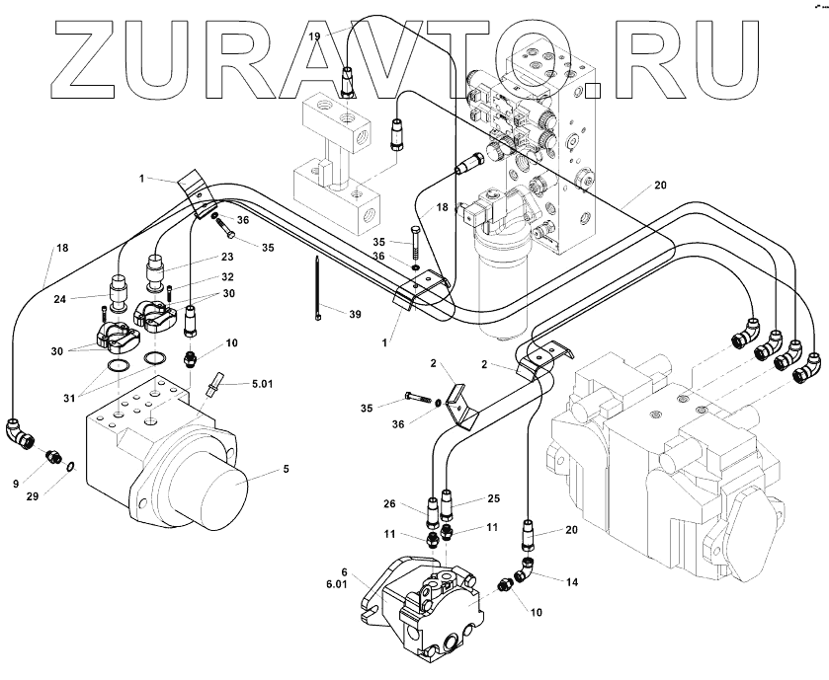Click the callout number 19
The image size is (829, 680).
[x=315, y=36]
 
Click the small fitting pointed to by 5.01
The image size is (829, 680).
[x=213, y=388]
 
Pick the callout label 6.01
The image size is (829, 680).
[x=338, y=585]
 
